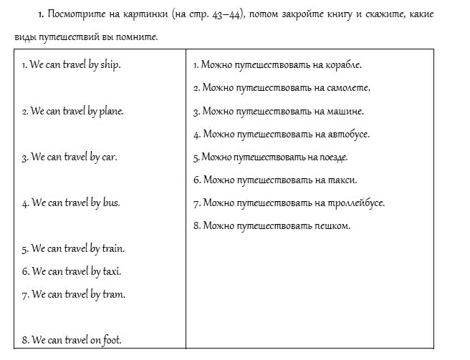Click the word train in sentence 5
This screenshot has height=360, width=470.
coord(113,249)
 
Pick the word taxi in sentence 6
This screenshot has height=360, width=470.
coord(112,272)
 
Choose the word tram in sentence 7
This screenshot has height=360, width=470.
coord(114,295)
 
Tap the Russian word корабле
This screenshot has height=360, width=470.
coord(342,65)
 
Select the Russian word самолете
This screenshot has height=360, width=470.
coord(346,88)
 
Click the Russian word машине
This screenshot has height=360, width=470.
coord(343,112)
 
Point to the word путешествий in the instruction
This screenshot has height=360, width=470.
coord(72,37)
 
